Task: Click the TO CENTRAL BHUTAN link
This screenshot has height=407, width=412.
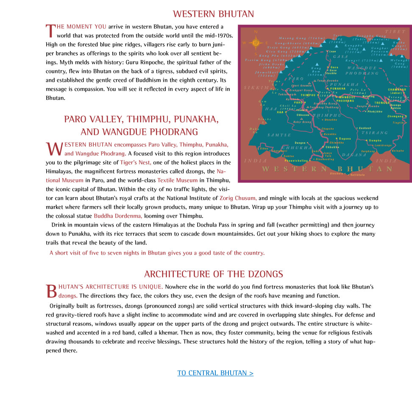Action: (215, 373)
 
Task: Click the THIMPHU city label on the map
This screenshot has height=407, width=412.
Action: (308, 95)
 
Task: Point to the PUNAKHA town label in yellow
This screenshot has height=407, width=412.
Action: (338, 89)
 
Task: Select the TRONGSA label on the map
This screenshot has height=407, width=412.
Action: (381, 103)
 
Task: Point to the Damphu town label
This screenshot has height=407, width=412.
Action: (375, 140)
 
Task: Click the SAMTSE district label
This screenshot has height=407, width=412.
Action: (279, 135)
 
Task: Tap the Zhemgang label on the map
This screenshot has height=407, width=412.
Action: (395, 116)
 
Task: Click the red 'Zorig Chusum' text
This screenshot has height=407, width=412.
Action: (238, 198)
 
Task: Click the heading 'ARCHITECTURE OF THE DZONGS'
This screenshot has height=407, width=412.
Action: (213, 274)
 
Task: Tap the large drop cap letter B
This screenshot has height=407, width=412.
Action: (51, 291)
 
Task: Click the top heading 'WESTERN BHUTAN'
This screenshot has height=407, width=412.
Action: (213, 14)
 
